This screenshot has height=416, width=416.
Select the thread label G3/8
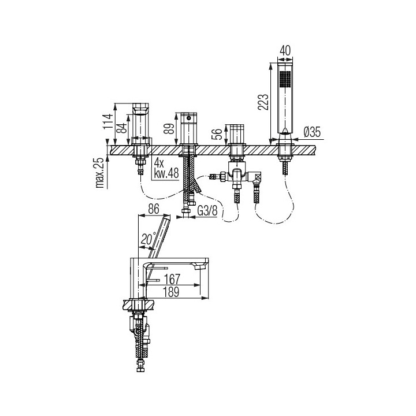coord(207,212)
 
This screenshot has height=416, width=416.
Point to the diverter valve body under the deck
coord(236,172)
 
